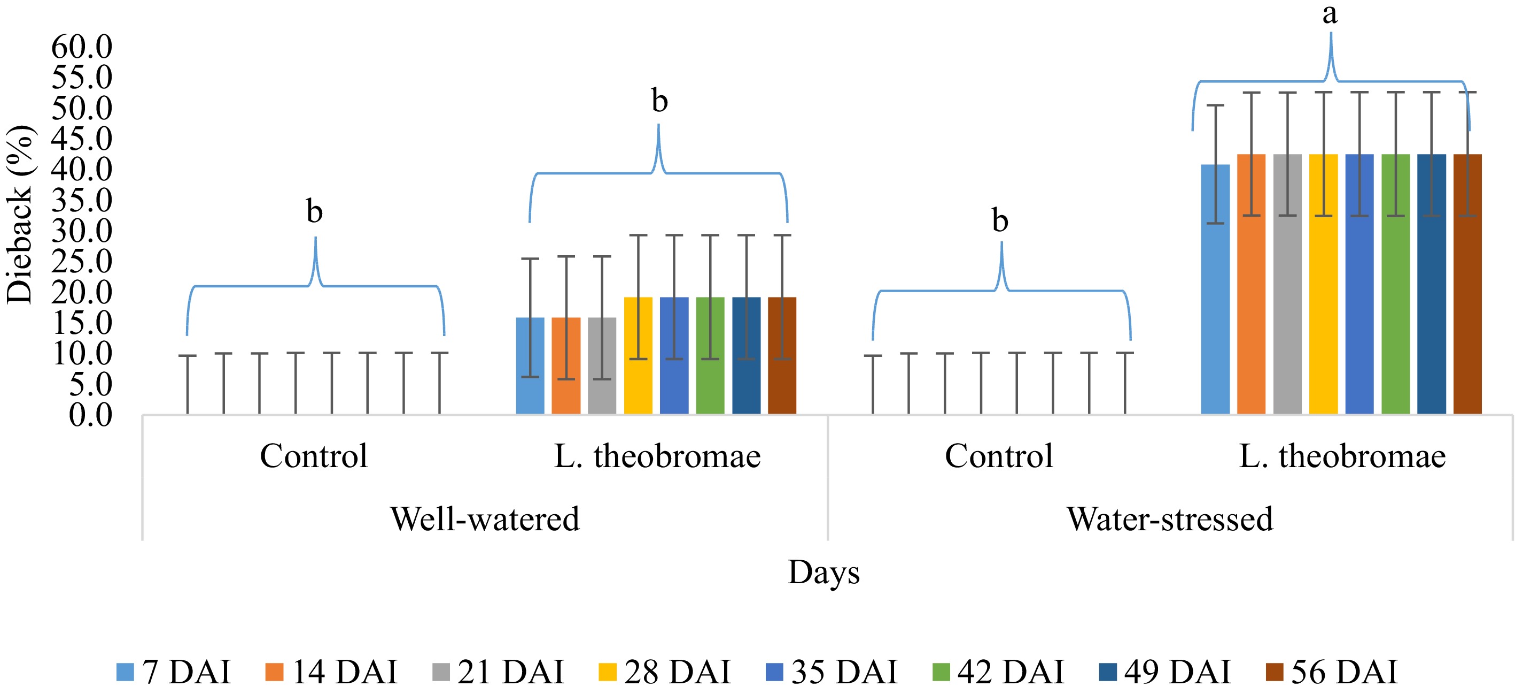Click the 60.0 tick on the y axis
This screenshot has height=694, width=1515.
click(82, 47)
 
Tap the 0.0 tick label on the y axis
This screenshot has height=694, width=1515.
click(90, 415)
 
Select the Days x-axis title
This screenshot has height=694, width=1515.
click(823, 572)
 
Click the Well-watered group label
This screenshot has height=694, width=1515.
click(485, 519)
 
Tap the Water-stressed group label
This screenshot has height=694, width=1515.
click(1169, 519)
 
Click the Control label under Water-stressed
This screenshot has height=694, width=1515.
click(999, 456)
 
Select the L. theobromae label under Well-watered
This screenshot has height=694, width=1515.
click(657, 456)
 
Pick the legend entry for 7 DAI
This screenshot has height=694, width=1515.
click(174, 672)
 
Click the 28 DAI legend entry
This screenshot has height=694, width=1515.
click(665, 672)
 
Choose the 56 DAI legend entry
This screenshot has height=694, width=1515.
click(1332, 672)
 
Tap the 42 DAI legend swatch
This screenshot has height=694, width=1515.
click(941, 672)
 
